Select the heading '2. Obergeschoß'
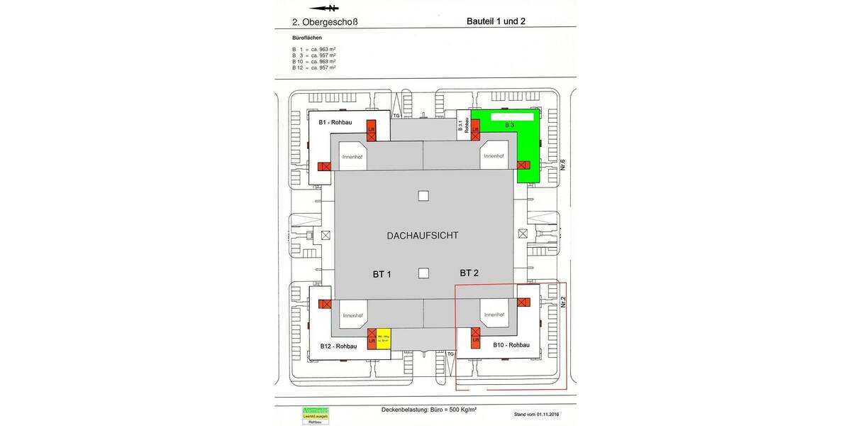(x=325, y=22)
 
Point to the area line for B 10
(x=313, y=62)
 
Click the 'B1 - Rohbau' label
(x=336, y=122)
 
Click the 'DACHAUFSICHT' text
(x=423, y=235)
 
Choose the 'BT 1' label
(x=382, y=273)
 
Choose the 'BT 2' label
(x=469, y=273)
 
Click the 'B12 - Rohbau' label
(x=338, y=346)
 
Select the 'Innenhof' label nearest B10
(x=494, y=315)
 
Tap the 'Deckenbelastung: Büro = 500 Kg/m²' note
(x=428, y=410)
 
